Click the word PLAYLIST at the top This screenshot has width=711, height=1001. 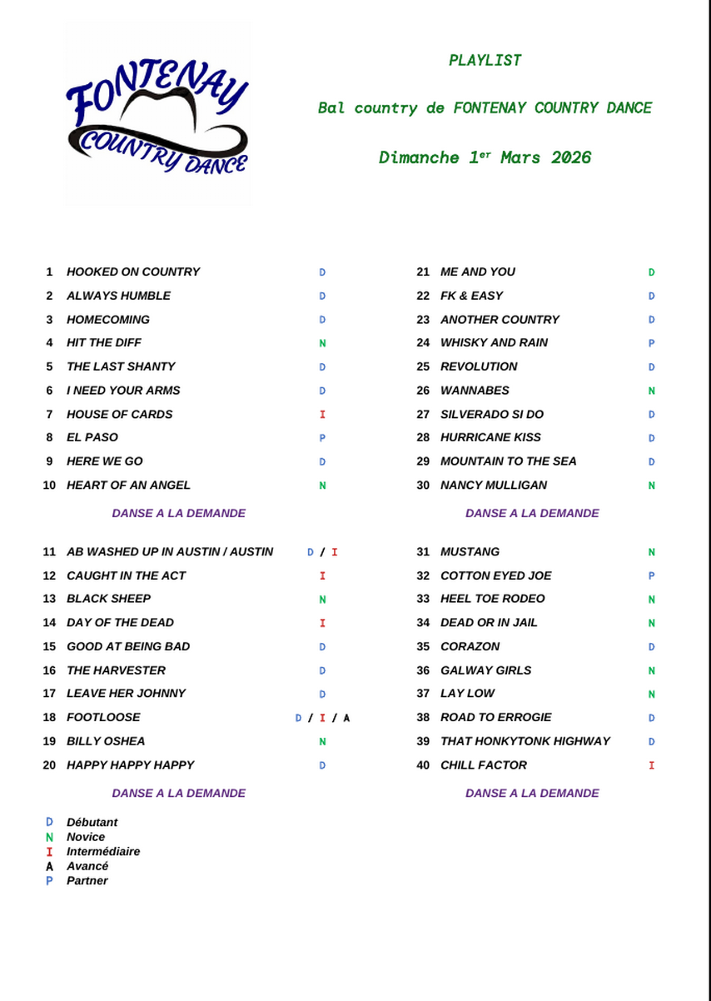[x=485, y=60]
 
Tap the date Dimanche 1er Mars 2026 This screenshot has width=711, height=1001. [x=485, y=157]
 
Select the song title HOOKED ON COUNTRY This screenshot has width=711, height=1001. [x=133, y=271]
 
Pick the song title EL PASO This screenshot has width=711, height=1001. [x=92, y=437]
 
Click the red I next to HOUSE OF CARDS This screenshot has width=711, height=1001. [x=322, y=414]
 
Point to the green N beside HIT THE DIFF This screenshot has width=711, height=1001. [x=322, y=343]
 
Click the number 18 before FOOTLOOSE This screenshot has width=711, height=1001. [x=49, y=717]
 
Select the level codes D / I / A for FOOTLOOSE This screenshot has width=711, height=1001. [x=322, y=718]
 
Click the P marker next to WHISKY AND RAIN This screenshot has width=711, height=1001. [x=652, y=343]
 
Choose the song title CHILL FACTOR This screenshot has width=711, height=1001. [x=484, y=764]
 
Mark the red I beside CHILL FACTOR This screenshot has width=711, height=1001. [x=652, y=765]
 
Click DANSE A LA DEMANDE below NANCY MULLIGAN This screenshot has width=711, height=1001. [x=532, y=513]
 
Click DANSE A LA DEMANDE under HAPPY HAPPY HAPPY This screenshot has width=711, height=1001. [x=179, y=793]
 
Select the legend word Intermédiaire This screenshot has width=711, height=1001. [x=103, y=851]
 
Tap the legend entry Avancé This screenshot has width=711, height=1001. [x=87, y=866]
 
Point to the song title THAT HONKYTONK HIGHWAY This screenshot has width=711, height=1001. [x=525, y=741]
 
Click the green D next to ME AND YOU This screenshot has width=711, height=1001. [x=652, y=272]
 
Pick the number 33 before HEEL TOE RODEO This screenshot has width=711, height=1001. [x=423, y=599]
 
